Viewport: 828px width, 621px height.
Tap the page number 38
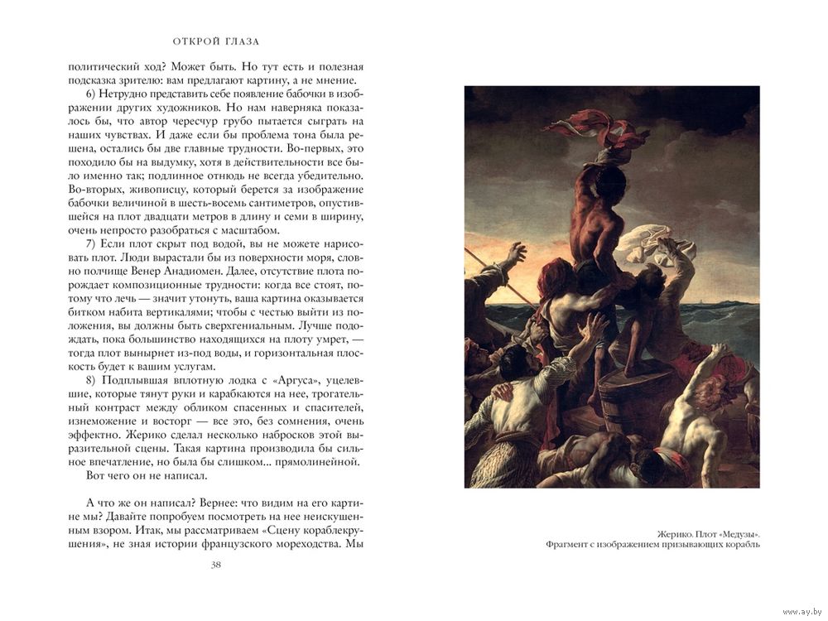tap(216, 565)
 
